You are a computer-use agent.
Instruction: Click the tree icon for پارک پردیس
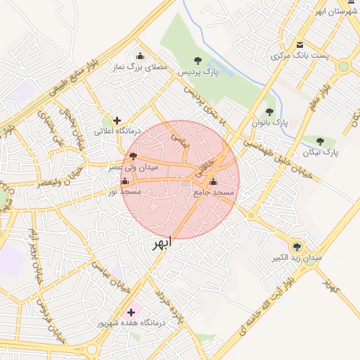[x=197, y=60]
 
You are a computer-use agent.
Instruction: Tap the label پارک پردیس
[x=197, y=72]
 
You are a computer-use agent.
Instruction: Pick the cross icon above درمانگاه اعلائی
[x=117, y=120]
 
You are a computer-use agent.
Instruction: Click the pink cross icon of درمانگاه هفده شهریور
[x=131, y=311]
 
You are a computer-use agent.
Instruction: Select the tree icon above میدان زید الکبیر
[x=297, y=247]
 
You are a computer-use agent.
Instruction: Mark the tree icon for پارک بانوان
[x=269, y=112]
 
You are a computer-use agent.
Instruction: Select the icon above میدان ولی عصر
[x=134, y=156]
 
